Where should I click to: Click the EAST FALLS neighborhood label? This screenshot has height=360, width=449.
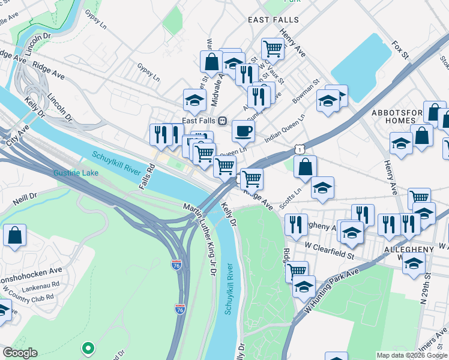point(273,20)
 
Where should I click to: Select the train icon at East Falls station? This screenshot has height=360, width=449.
point(222,121)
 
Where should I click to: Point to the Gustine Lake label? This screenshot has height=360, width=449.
point(75,173)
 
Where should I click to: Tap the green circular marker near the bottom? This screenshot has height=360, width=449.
point(88,347)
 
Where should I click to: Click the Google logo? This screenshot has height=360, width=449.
point(20,353)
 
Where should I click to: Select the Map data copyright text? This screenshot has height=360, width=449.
point(411,355)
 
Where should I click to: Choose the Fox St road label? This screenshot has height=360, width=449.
point(399,50)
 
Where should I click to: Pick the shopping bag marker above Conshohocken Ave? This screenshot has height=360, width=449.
point(14,236)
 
